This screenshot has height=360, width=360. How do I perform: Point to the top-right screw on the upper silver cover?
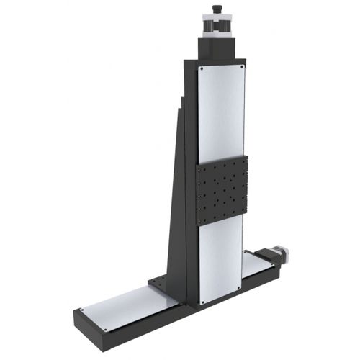[242, 66]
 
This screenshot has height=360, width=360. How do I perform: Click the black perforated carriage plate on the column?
[222, 189]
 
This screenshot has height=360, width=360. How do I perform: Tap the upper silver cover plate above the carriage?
[221, 112]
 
